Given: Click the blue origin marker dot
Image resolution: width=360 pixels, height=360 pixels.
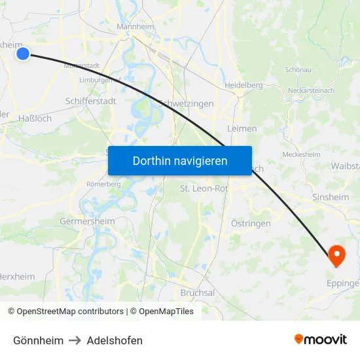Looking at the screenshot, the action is pos(23,53).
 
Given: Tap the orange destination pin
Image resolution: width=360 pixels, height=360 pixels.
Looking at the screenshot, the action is pos(336,254).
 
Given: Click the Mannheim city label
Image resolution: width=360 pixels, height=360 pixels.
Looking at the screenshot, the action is pos(134,27).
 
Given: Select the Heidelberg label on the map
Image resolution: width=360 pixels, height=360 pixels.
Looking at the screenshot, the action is pos(243,85).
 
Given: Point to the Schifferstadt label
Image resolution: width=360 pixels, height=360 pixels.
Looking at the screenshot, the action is pos(91,101).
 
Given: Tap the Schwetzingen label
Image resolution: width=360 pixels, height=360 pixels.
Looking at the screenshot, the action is pos(187,104).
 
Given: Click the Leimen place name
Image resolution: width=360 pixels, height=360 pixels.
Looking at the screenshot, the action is pos(242,129).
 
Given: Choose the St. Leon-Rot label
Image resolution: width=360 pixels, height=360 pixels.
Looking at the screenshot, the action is pos(204,189).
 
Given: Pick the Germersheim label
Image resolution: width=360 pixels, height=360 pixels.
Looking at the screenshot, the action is pos(87,221).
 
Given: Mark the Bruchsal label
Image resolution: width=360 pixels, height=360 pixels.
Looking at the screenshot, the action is pos(198,293).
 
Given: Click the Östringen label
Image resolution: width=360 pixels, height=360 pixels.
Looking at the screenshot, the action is pos(251,224).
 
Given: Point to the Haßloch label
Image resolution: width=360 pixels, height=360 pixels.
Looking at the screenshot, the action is pos(35,118).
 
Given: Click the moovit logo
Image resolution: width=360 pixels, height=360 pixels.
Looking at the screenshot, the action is pos(321,339).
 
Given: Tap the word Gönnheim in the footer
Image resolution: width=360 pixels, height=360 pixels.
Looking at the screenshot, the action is pos(39,340).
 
